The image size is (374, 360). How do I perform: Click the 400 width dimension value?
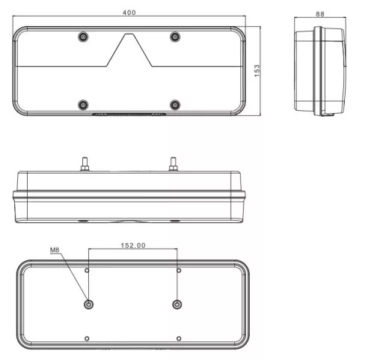pyautogui.click(x=129, y=13)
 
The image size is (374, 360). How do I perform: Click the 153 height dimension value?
pyautogui.click(x=257, y=71)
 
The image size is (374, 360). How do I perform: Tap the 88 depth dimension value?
pyautogui.click(x=320, y=14)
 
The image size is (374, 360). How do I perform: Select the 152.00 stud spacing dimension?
pyautogui.click(x=133, y=245)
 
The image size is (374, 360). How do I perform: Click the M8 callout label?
pyautogui.click(x=55, y=250)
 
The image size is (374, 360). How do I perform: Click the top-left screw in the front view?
pyautogui.click(x=83, y=37)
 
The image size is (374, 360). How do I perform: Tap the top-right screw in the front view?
pyautogui.click(x=175, y=37)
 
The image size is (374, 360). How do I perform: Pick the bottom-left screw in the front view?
pyautogui.click(x=83, y=105)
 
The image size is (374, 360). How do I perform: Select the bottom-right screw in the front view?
pyautogui.click(x=175, y=105)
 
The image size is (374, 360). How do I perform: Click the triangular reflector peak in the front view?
pyautogui.click(x=129, y=34)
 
